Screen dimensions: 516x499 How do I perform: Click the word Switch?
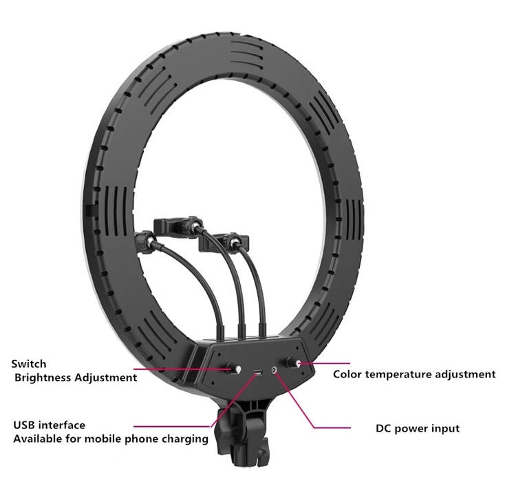(x=29, y=364)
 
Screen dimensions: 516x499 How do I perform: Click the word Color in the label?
(x=348, y=375)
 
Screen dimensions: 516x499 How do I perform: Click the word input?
(x=444, y=429)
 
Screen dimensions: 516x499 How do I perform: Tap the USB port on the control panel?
(x=257, y=373)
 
